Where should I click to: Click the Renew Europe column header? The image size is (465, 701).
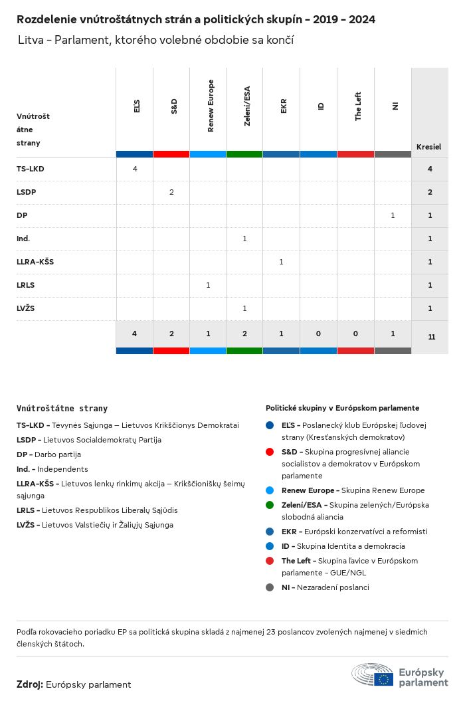tap(211, 106)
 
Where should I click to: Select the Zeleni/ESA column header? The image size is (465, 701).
tap(247, 106)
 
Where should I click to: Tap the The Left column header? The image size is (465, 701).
tap(358, 106)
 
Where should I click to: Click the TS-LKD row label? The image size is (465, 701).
tap(31, 169)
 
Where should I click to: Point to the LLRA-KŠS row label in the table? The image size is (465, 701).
tap(35, 262)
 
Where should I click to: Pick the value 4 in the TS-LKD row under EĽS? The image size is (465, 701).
tap(135, 169)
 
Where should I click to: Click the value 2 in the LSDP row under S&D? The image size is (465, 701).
tap(171, 192)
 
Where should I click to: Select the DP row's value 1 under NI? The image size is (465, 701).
tap(393, 215)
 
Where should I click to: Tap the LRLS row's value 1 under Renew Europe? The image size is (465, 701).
tap(208, 285)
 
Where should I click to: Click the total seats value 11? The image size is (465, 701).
tap(431, 337)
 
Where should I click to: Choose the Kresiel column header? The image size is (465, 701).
tap(428, 147)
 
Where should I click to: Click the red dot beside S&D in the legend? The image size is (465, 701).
tap(270, 452)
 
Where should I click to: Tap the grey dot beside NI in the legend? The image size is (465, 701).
tap(270, 587)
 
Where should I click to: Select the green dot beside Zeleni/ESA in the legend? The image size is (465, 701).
tap(270, 505)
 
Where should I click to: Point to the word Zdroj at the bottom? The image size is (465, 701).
tap(30, 684)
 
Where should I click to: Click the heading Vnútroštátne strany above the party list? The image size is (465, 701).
tap(62, 409)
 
